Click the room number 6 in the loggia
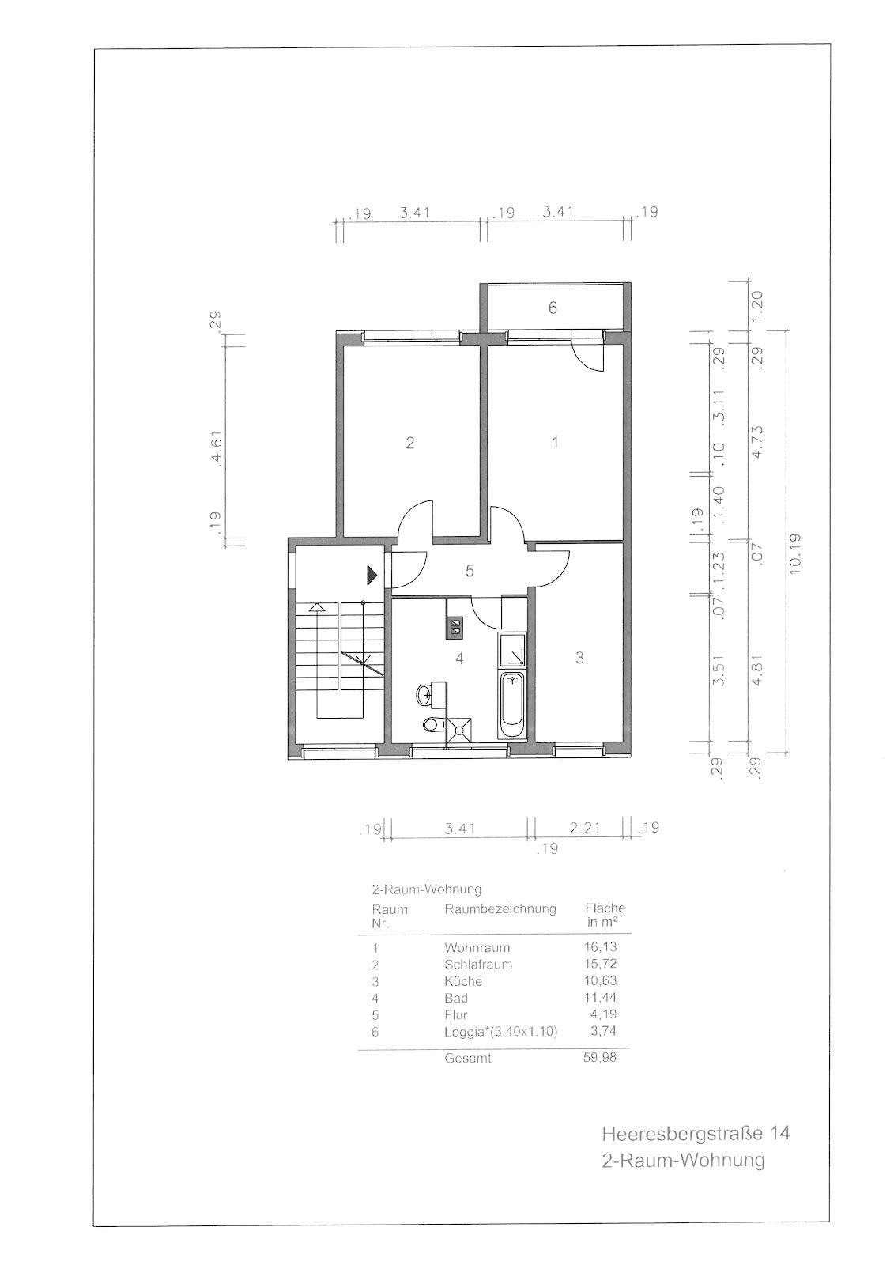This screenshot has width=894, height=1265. click(553, 308)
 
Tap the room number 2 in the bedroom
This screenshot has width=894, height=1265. click(410, 442)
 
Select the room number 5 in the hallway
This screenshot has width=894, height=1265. click(470, 571)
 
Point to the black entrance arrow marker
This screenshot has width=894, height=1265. click(372, 575)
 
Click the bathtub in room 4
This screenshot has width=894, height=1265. click(513, 704)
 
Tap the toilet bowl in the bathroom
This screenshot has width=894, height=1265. click(432, 724)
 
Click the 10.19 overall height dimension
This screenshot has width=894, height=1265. click(796, 553)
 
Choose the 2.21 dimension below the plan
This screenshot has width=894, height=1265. click(584, 829)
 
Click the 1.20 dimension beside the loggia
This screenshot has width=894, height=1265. click(757, 306)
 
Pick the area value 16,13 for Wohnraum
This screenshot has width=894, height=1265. click(600, 946)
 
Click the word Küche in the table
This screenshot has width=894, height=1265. click(463, 981)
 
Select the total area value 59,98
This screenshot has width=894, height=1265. click(600, 1057)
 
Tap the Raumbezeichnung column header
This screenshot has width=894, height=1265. click(500, 908)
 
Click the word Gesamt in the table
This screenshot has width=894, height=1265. click(468, 1058)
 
